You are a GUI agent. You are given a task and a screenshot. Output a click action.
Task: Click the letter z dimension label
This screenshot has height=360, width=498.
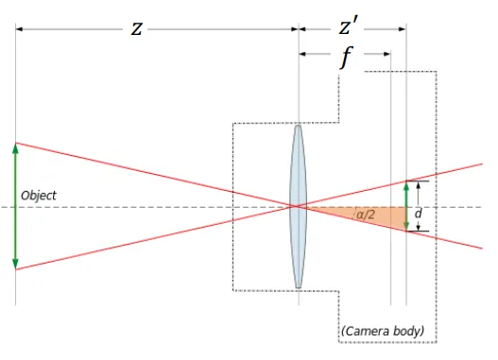[138, 28]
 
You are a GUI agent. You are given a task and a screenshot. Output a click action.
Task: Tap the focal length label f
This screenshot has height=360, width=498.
[346, 57]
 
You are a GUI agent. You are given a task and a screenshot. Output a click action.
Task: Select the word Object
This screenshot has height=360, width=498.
[38, 196]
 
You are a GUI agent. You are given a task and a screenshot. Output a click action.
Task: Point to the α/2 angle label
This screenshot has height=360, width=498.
[365, 216]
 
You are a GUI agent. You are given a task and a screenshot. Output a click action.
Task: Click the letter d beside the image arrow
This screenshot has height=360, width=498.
[419, 214]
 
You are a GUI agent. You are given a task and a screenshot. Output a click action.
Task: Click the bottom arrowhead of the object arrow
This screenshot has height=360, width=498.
[16, 265]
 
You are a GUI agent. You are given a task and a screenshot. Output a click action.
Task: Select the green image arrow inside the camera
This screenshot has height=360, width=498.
[406, 206]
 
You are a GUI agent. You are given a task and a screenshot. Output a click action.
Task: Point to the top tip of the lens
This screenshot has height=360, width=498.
[299, 125]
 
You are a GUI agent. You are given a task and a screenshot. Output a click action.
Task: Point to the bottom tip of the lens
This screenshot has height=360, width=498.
[299, 286]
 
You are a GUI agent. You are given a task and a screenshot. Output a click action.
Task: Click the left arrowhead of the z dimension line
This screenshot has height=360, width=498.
[20, 28]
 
